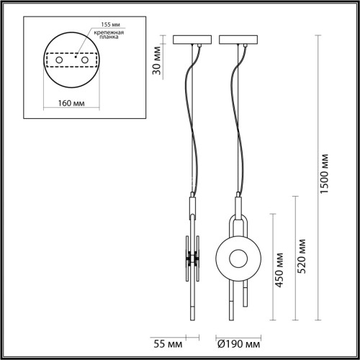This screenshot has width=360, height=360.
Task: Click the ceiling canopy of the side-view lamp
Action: [x=192, y=40]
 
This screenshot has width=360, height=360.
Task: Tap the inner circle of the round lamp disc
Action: [x=237, y=258]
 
